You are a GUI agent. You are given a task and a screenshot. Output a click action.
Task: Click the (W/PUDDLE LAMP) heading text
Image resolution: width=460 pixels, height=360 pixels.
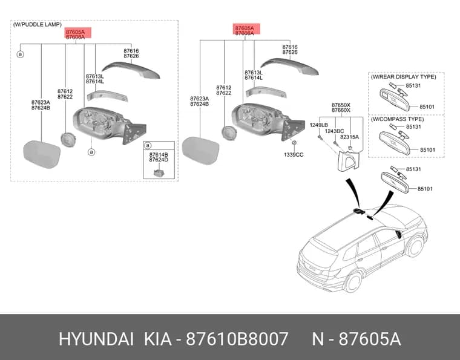point(38,25)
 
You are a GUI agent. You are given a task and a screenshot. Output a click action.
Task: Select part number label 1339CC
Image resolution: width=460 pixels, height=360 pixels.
point(294,154)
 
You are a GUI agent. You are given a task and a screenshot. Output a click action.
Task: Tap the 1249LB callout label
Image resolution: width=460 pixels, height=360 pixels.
point(318,125)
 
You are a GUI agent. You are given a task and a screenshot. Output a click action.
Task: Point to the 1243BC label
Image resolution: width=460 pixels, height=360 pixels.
point(334,131)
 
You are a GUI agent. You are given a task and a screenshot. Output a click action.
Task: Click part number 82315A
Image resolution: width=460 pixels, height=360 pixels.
point(349,137)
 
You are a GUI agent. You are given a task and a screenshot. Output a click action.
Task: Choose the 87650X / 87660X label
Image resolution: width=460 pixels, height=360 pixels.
point(341,108)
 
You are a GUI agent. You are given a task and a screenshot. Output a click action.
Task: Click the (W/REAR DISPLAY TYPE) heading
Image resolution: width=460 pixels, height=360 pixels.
point(403,77)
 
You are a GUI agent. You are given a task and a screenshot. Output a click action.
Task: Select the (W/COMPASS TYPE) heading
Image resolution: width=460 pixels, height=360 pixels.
point(397,119)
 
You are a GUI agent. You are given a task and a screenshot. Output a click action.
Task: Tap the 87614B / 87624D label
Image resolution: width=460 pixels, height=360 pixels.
point(159,157)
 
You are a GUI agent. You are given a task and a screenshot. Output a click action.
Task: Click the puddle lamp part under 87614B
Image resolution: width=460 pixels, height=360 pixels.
point(159,173)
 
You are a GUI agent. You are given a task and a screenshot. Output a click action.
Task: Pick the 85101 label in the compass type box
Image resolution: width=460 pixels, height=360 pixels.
point(427,150)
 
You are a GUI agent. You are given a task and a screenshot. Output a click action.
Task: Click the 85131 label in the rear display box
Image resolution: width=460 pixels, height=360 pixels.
point(413,85)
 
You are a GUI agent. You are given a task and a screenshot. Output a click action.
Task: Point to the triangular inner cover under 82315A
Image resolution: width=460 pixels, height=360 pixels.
point(348,160)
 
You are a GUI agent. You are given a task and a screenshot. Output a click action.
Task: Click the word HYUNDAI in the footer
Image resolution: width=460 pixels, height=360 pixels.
point(96,339)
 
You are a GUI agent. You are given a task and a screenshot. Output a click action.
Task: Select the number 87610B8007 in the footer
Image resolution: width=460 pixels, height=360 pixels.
point(237,339)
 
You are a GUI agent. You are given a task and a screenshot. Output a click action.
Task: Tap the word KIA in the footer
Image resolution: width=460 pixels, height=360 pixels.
point(157,339)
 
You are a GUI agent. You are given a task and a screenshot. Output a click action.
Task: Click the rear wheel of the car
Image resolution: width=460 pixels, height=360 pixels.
point(353,282)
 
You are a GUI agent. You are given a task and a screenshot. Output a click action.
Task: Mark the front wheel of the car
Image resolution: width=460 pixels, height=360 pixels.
point(415,247)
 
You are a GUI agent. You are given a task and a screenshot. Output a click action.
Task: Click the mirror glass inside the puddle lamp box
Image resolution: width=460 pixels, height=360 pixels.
point(42,154)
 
